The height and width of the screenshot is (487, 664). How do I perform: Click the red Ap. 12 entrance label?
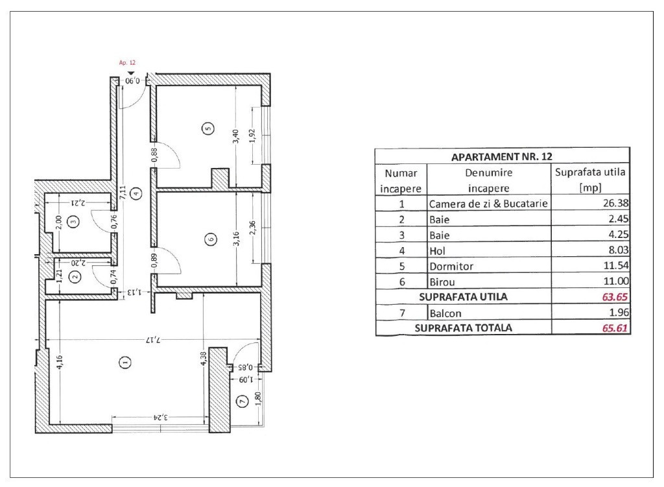(x=127, y=63)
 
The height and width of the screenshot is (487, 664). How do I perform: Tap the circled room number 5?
(x=208, y=128)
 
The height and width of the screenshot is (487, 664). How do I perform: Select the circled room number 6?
(x=211, y=239)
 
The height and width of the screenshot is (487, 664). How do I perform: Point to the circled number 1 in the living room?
(x=125, y=362)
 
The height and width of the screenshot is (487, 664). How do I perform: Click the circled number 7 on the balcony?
(x=243, y=401)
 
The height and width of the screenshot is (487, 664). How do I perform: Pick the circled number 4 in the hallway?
(x=136, y=193)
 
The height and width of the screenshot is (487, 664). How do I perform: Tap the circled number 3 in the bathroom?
(x=74, y=221)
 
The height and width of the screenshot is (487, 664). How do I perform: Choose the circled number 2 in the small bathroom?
(x=75, y=277)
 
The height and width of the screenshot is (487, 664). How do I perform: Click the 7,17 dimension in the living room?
(x=154, y=339)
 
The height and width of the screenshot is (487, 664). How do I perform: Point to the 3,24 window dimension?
(x=161, y=417)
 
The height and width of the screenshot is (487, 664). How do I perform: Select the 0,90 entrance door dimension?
(x=132, y=80)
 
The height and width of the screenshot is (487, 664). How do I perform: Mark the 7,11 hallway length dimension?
(x=123, y=193)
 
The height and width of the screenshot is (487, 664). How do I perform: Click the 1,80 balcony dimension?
(x=257, y=399)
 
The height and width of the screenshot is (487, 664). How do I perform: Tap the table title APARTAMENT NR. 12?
(x=502, y=157)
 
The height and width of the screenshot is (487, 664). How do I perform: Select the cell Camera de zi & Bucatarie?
(x=488, y=204)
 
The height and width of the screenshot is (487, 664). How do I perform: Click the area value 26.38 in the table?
(x=616, y=203)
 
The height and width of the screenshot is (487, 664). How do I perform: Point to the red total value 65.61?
(x=615, y=327)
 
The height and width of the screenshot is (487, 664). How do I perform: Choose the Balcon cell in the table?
(x=445, y=313)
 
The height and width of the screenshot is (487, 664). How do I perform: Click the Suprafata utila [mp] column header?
(x=590, y=180)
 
